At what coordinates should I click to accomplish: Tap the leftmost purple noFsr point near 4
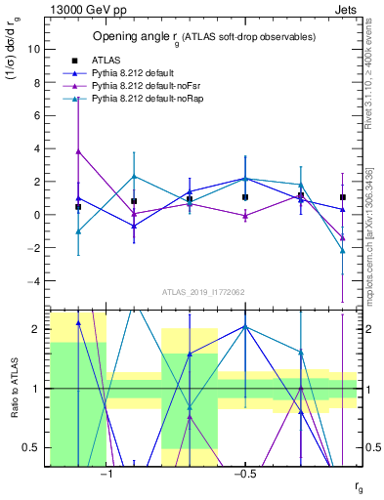coord(78,151)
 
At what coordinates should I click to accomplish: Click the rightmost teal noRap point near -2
coord(343,251)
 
